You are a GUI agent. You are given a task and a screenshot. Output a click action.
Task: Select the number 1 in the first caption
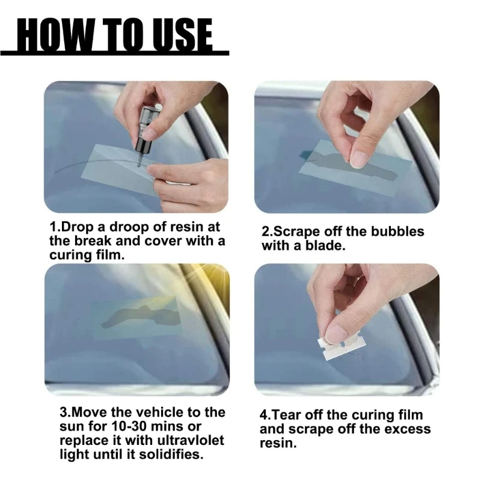[52, 228]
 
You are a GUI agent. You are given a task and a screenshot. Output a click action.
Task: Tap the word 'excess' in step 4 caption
[408, 429]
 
